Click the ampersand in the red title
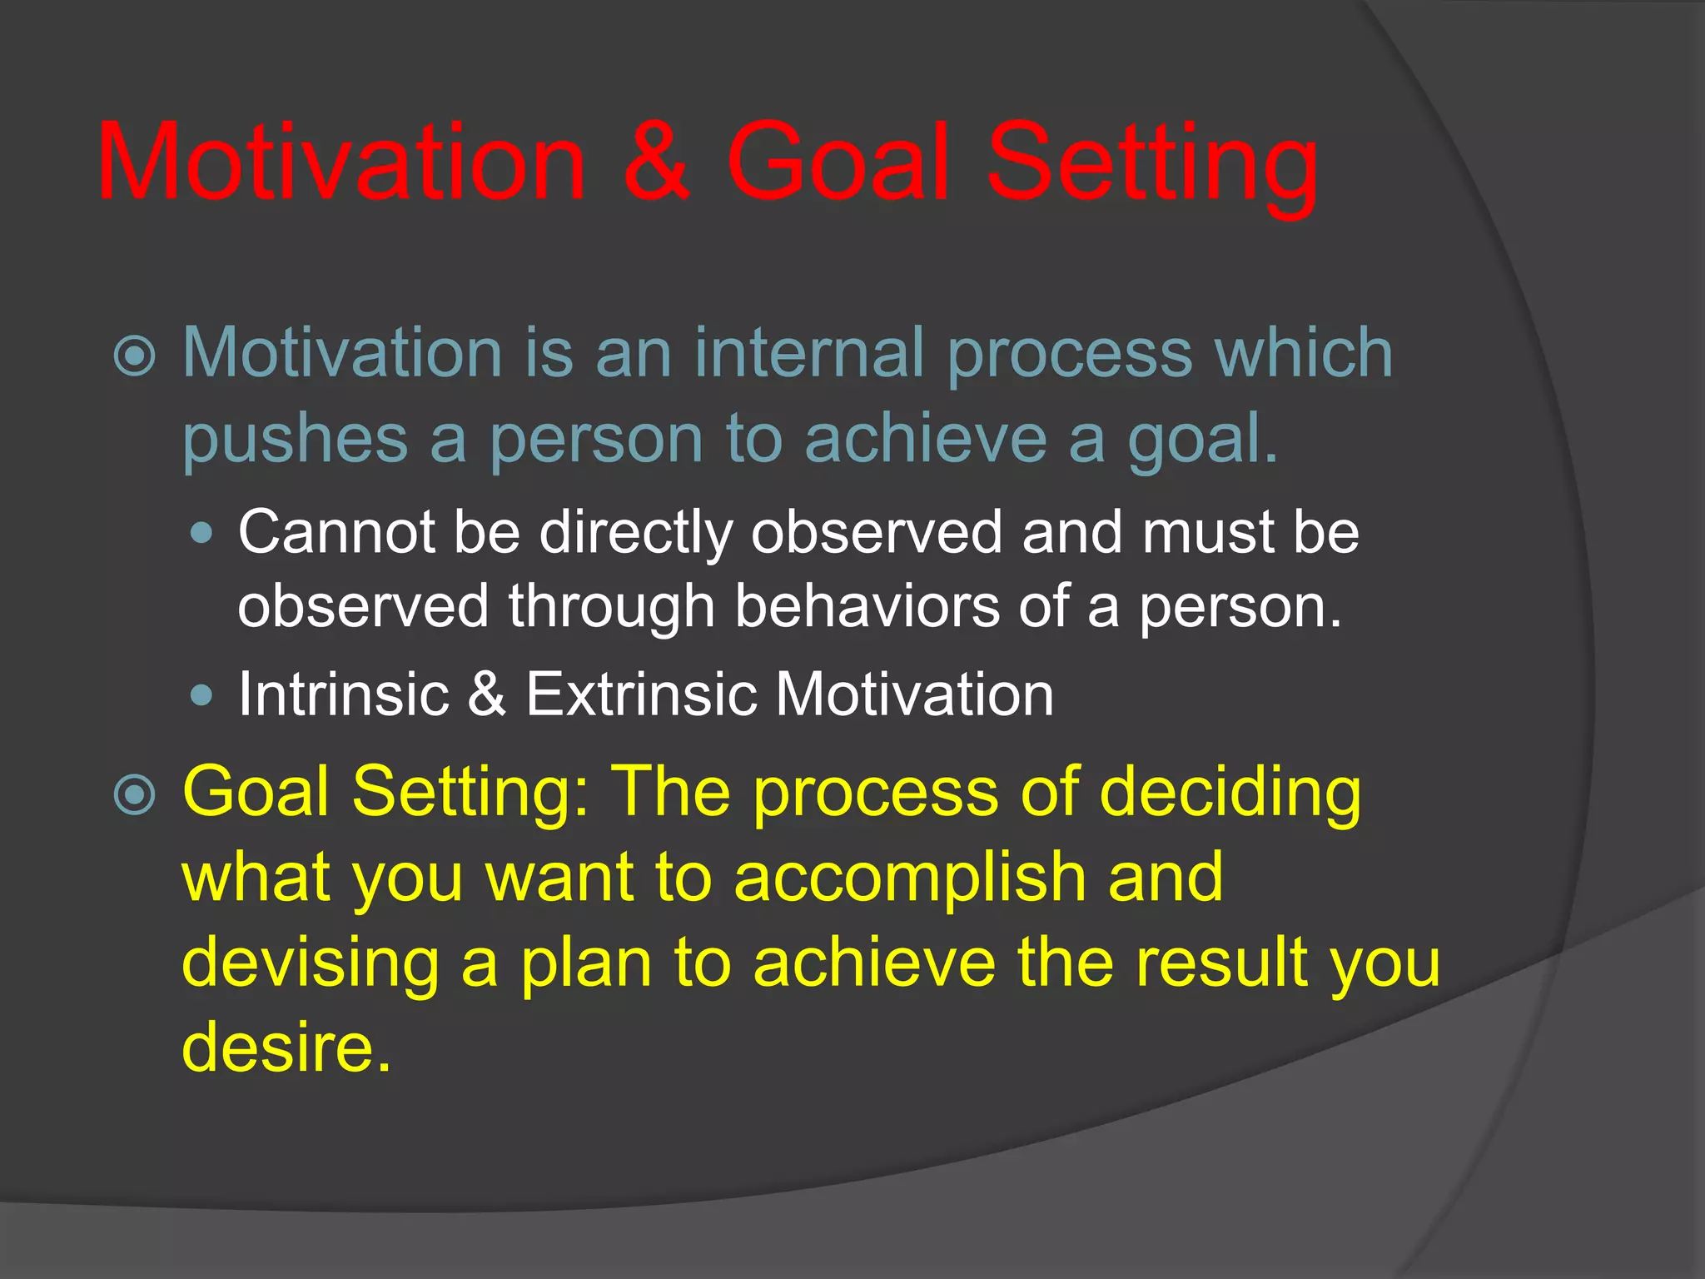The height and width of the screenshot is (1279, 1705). pyautogui.click(x=657, y=162)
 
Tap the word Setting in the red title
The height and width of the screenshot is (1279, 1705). pyautogui.click(x=1152, y=167)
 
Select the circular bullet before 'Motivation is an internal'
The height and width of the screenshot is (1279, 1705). pyautogui.click(x=134, y=356)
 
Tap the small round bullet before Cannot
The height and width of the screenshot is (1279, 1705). pyautogui.click(x=201, y=533)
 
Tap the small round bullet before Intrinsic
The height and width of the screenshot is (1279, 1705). pyautogui.click(x=201, y=694)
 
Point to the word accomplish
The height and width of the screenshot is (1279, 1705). pyautogui.click(x=911, y=878)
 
